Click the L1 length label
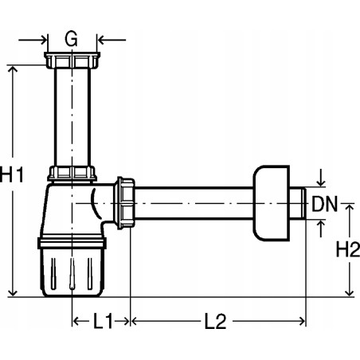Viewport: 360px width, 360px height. [102, 322]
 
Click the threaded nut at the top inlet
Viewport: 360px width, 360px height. [71, 61]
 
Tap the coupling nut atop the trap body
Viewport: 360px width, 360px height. [71, 174]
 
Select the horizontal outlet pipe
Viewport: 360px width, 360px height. [195, 204]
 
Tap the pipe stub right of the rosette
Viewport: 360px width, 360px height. [299, 204]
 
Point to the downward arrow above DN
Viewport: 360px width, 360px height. [320, 179]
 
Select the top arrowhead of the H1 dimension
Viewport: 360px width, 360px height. [13, 69]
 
